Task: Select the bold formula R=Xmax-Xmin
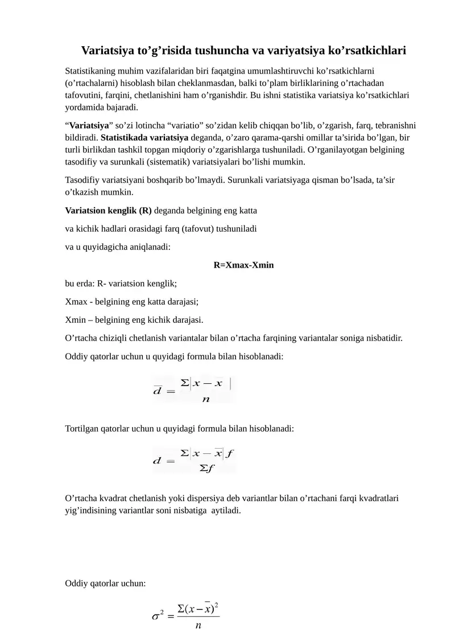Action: [243, 265]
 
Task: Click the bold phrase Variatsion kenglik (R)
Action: [109, 210]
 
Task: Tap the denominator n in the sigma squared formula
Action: [198, 626]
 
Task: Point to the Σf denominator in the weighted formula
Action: [206, 468]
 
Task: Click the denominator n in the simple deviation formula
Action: [205, 399]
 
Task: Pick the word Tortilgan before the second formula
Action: [84, 428]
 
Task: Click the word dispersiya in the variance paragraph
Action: [194, 498]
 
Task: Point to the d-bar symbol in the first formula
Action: [158, 391]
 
